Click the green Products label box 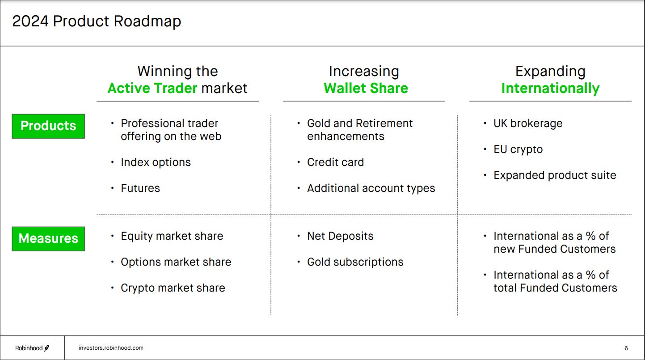pos(48,126)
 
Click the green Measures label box pos(48,239)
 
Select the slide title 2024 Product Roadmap pos(97,21)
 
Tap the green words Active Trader pos(152,88)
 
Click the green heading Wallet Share pos(366,88)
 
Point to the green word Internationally pos(550,88)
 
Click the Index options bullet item pos(156,162)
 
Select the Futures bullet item pos(140,188)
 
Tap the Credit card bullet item pos(335,162)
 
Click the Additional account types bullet pos(371,188)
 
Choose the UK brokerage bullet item pos(528,123)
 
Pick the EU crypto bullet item pos(518,149)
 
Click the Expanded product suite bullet pos(555,175)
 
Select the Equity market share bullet pos(172,236)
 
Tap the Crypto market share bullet pos(173,288)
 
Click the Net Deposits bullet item pos(340,236)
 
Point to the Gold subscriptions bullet pos(355,262)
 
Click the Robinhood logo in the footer pos(32,348)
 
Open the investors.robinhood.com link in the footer pos(111,347)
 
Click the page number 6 pos(626,348)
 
